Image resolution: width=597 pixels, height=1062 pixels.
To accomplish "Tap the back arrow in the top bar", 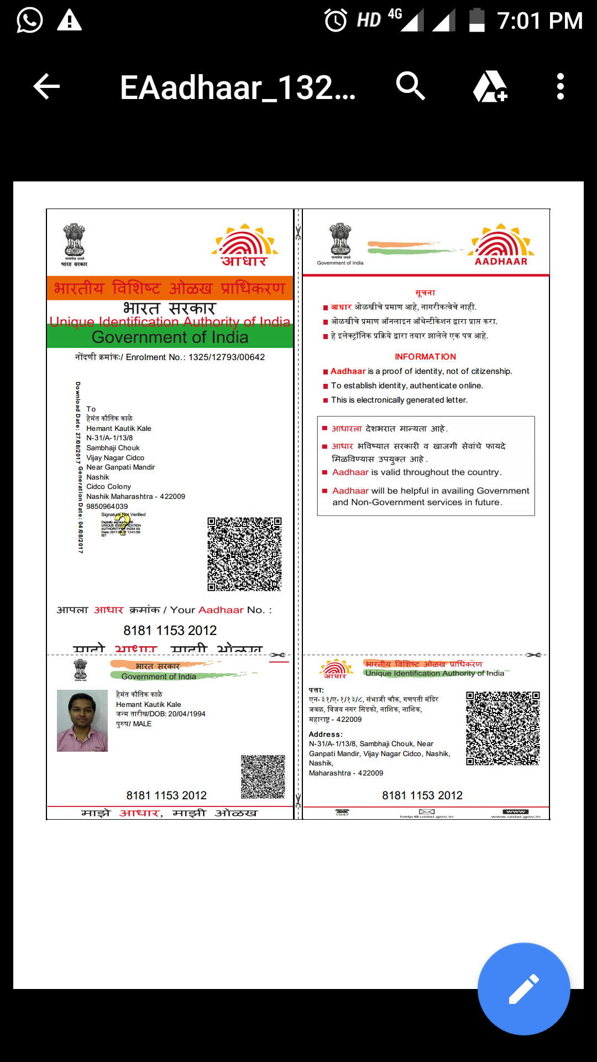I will pyautogui.click(x=46, y=87).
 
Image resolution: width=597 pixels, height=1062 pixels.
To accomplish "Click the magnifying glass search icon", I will pyautogui.click(x=410, y=86).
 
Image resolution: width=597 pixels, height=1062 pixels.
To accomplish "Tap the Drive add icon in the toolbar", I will pyautogui.click(x=490, y=87).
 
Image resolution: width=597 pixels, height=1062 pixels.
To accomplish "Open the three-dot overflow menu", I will pyautogui.click(x=561, y=87).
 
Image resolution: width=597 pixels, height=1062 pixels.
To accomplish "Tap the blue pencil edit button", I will pyautogui.click(x=523, y=988).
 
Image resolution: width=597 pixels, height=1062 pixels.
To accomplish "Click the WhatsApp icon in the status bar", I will pyautogui.click(x=29, y=20).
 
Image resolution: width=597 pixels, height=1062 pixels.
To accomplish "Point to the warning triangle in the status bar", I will pyautogui.click(x=70, y=20).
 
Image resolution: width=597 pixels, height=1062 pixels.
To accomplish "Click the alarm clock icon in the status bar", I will pyautogui.click(x=336, y=20).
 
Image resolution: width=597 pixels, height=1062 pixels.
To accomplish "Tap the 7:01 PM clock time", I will pyautogui.click(x=540, y=21).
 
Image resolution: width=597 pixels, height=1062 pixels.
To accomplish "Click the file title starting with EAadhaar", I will pyautogui.click(x=238, y=87).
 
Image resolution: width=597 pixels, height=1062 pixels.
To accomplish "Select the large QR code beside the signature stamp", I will pyautogui.click(x=244, y=554).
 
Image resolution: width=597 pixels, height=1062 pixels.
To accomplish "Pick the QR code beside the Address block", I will pyautogui.click(x=502, y=728).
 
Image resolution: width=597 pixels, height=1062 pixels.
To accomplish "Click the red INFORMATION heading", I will pyautogui.click(x=425, y=357).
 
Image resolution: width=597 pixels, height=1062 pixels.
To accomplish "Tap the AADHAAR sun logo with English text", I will pyautogui.click(x=501, y=245).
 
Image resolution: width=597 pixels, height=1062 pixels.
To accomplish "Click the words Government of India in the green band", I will pyautogui.click(x=170, y=337).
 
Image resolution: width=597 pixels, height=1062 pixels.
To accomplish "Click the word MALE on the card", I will pyautogui.click(x=142, y=724).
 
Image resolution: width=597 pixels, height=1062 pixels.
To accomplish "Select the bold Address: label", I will pyautogui.click(x=326, y=735).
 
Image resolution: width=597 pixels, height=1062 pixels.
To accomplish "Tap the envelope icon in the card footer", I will pyautogui.click(x=427, y=812).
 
